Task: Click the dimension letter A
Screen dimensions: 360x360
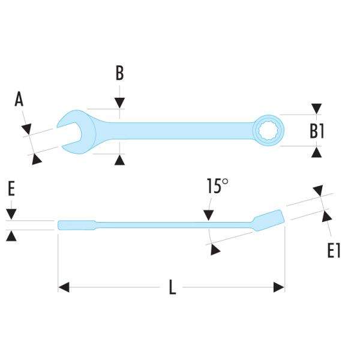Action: click(19, 99)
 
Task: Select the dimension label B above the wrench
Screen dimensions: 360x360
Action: click(119, 73)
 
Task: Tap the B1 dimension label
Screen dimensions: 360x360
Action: click(317, 130)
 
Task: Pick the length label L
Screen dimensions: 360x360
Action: click(172, 288)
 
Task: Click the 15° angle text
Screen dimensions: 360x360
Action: click(217, 186)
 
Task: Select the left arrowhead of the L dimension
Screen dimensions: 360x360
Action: click(64, 288)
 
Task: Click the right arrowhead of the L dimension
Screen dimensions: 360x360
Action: click(278, 288)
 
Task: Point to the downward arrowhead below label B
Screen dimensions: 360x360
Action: click(120, 104)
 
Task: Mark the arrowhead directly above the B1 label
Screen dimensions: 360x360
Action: click(316, 109)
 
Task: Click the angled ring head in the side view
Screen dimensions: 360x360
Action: click(269, 217)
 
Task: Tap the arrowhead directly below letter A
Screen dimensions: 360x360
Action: click(26, 128)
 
